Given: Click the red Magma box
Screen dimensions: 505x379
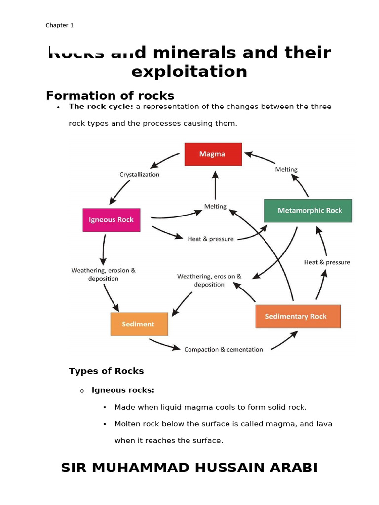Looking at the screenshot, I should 213,154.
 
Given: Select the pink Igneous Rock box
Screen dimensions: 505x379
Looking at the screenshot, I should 111,220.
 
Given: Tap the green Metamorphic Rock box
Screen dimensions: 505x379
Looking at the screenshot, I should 308,211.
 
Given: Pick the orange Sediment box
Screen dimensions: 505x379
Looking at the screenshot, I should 139,324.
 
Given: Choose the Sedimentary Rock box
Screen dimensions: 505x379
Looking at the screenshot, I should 298,316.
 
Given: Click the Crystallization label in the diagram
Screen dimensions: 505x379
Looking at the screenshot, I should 140,174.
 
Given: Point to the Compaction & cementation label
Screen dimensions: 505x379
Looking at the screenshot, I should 223,349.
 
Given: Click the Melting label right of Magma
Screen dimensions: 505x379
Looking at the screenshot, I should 286,169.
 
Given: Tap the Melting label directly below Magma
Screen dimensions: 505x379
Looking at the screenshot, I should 215,206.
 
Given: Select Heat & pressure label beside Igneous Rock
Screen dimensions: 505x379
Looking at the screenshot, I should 211,239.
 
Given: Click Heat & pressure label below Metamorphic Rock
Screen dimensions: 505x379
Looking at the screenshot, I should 327,262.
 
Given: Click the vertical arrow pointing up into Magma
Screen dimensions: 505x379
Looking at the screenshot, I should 215,184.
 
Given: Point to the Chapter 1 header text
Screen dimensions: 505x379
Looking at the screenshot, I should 60,25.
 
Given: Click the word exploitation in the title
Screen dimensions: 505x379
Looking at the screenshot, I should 189,72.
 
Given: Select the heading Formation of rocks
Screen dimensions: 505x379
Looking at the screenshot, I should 110,95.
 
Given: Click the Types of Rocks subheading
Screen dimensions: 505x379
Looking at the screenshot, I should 106,371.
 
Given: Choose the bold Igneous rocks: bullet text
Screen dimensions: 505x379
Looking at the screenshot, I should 123,390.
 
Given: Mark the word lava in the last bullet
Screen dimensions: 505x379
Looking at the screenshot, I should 324,424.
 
